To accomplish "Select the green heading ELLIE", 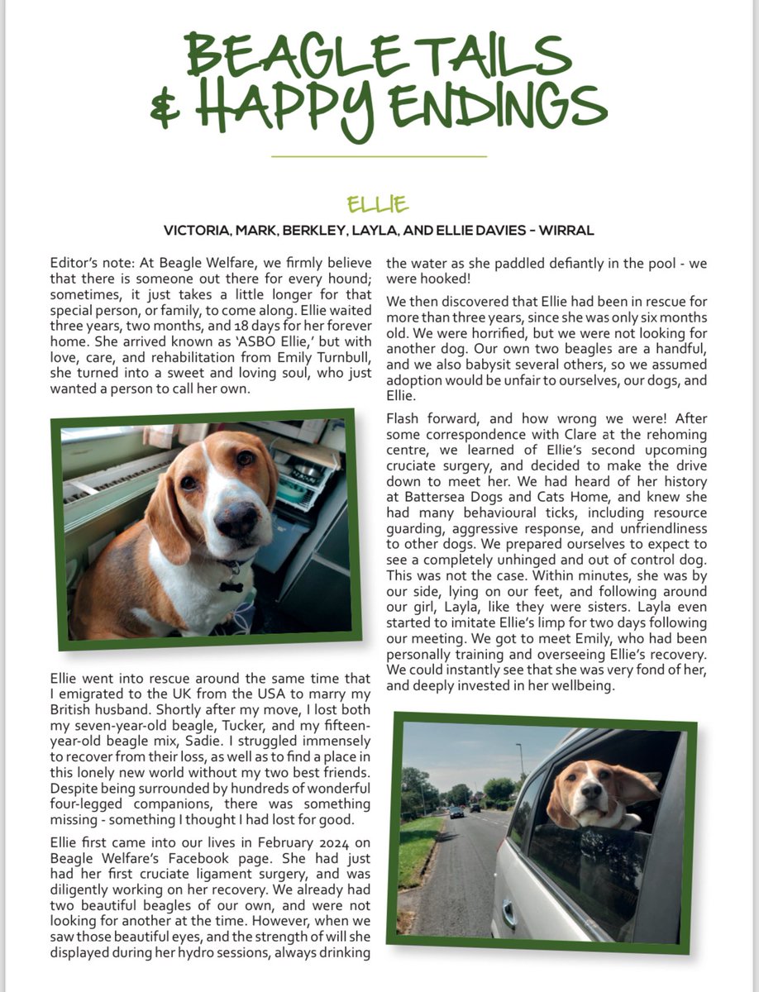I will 379,203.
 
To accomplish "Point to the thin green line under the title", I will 379,155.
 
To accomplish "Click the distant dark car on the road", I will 456,813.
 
